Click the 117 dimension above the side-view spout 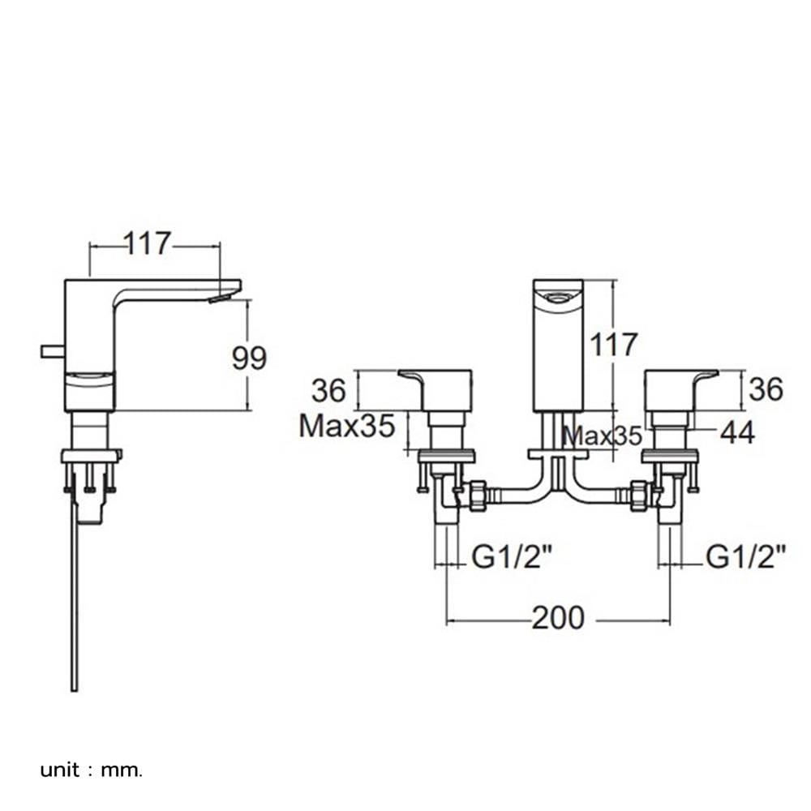[148, 243]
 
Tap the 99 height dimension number [249, 358]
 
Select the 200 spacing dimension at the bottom [558, 617]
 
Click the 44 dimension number [737, 432]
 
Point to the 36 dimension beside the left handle [328, 391]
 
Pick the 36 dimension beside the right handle [766, 389]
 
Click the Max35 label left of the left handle [347, 427]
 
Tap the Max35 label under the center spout [602, 436]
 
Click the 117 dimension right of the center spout [614, 345]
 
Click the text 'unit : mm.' [91, 770]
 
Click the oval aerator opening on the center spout [558, 298]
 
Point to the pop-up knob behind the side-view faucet [53, 352]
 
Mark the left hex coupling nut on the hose [478, 496]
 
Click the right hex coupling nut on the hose [639, 496]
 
